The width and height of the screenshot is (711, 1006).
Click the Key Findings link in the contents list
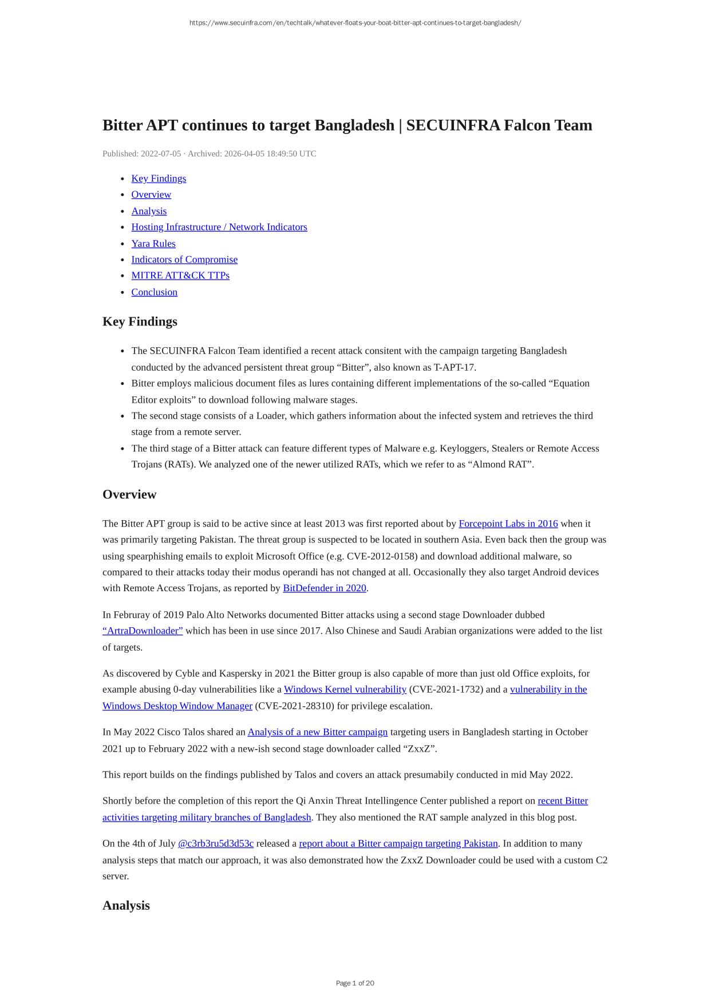[159, 178]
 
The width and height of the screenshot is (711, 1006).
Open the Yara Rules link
[153, 243]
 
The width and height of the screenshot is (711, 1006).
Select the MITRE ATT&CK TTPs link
[180, 276]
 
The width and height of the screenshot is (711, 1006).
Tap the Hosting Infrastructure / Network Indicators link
[219, 227]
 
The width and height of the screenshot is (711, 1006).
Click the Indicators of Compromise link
[184, 260]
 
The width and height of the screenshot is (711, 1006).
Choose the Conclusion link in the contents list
[155, 292]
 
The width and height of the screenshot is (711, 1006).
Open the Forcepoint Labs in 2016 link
[508, 524]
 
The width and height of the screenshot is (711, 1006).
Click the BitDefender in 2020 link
[325, 588]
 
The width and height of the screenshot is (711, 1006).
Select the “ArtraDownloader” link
[143, 631]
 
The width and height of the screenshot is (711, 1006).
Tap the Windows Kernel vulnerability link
[345, 689]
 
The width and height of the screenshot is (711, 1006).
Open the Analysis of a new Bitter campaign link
[318, 732]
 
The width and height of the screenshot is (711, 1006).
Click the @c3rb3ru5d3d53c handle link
[216, 843]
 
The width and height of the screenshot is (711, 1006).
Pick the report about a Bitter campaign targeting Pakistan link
[398, 843]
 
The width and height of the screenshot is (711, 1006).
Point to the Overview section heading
[129, 494]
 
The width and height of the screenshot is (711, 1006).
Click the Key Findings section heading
[140, 321]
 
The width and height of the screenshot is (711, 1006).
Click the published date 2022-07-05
[161, 154]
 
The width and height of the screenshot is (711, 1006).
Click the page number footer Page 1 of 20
[355, 983]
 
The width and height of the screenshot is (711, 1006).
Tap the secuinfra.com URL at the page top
[355, 23]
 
